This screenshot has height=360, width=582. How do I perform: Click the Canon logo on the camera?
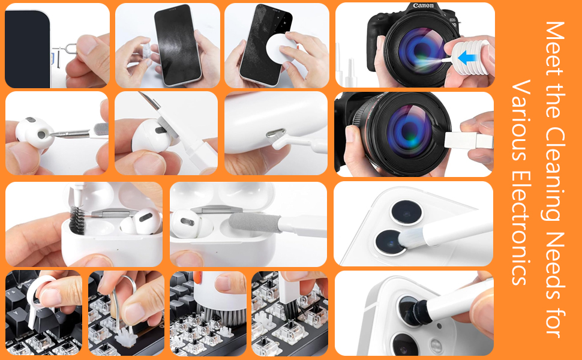[424, 6]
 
